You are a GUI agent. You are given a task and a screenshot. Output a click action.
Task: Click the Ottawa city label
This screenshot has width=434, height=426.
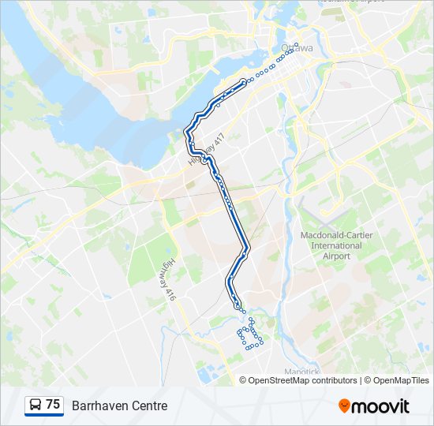click(297, 49)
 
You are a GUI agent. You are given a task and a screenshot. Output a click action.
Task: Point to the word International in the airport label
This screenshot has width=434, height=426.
click(331, 245)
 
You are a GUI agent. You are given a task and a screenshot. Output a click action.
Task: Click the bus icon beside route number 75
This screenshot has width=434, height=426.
click(36, 405)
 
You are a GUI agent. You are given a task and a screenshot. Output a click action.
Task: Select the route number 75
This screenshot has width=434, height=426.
click(53, 405)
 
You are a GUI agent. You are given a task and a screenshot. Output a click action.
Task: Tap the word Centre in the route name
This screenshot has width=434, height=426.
click(149, 405)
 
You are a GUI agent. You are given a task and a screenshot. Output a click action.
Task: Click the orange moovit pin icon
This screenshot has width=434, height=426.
click(344, 405)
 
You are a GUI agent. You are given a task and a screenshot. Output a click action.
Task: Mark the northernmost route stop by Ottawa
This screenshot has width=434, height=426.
click(297, 44)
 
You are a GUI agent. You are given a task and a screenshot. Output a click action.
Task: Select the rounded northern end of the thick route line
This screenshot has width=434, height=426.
click(244, 81)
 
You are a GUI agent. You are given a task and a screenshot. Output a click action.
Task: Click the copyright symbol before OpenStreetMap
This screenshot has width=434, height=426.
click(243, 380)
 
